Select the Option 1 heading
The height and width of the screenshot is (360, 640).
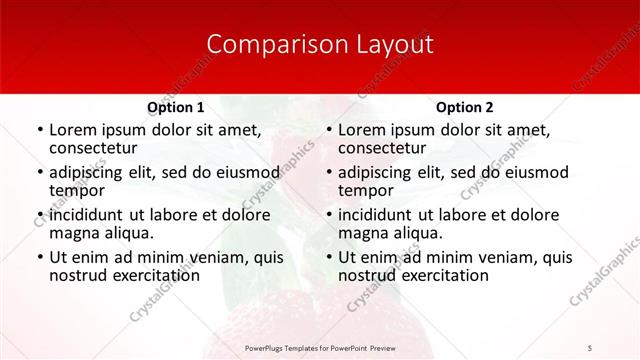click(175, 107)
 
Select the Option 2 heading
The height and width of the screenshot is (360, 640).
click(464, 107)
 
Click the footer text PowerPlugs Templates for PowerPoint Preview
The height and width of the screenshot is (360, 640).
click(319, 348)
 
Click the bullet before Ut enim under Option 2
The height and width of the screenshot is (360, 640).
click(328, 257)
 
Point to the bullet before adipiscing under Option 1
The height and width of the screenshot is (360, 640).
click(39, 172)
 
